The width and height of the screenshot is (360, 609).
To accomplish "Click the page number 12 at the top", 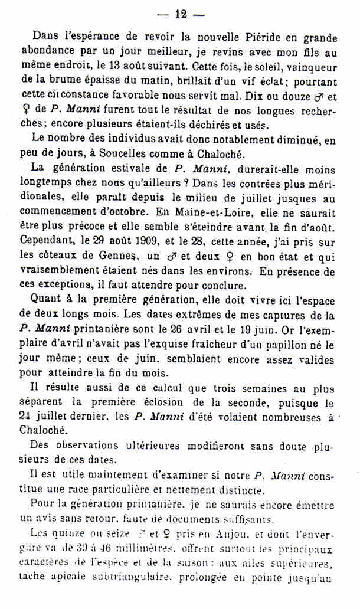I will point(181,14).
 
